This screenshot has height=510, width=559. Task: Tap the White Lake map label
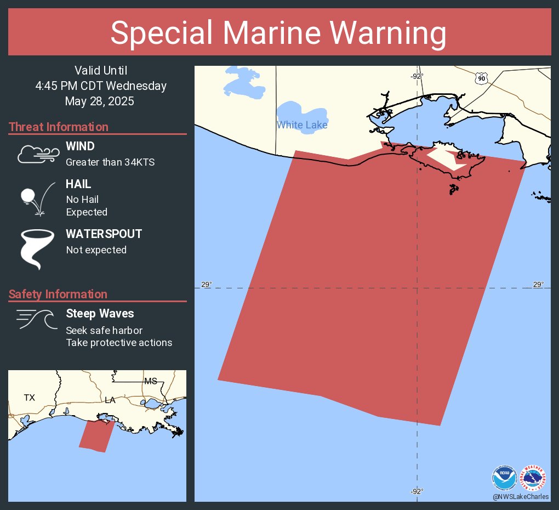point(302,125)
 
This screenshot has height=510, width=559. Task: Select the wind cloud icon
point(37,154)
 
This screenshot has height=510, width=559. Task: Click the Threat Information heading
point(59,127)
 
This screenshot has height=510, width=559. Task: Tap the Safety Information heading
point(58,294)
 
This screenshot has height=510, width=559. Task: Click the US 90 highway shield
point(481,79)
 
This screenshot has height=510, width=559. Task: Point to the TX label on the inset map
point(29,398)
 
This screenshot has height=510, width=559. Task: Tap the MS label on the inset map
point(150,381)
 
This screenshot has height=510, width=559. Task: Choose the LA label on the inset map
point(110,400)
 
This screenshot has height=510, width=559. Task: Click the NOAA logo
point(504,478)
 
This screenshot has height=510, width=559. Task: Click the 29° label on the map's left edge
point(206,284)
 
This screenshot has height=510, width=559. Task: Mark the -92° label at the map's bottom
point(417,491)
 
